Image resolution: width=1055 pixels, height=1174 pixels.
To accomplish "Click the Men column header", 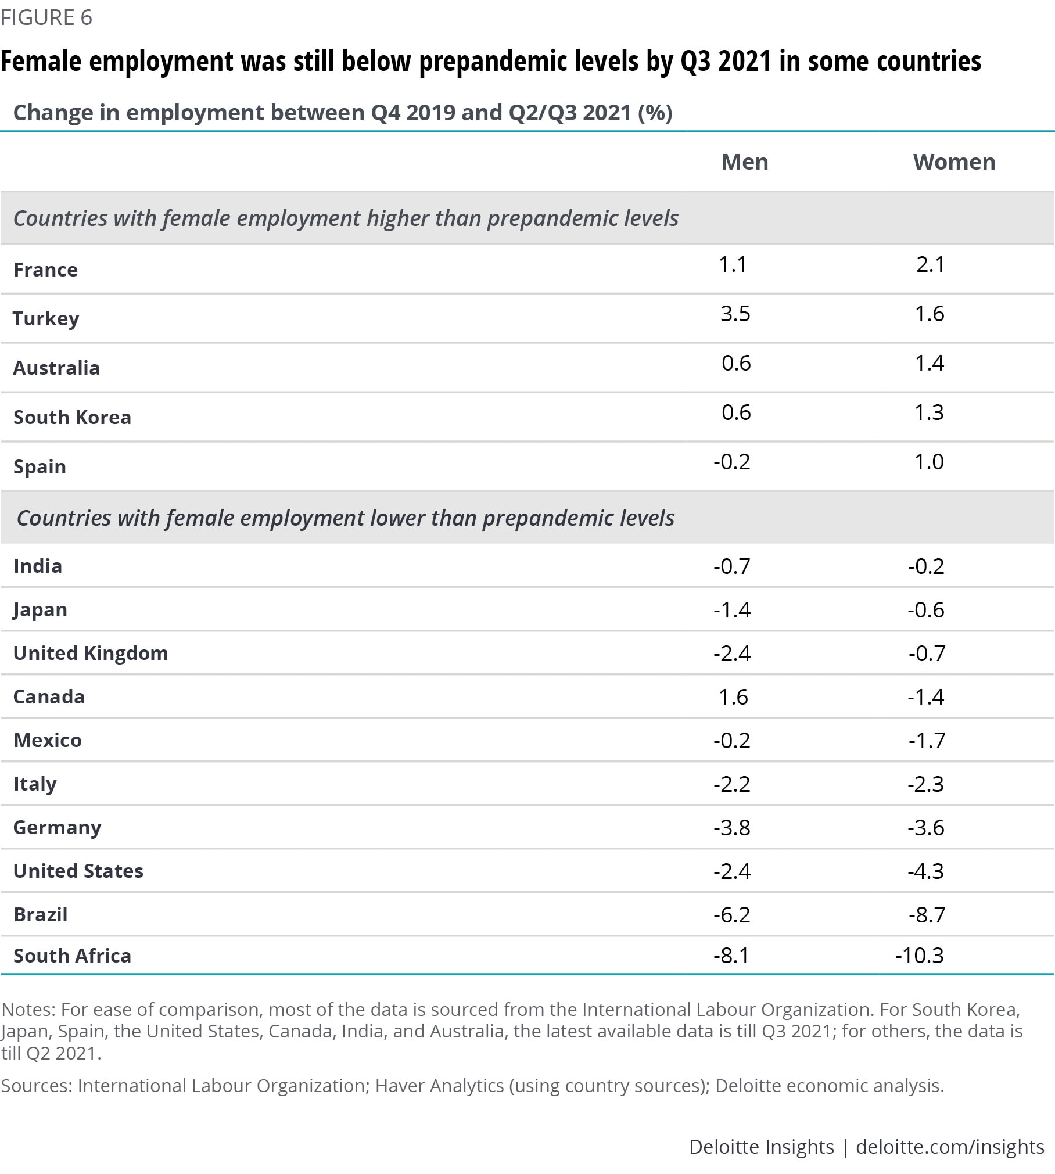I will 744,162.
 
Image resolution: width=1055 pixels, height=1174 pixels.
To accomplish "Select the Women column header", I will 954,162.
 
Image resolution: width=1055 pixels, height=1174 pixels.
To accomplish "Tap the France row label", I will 45,270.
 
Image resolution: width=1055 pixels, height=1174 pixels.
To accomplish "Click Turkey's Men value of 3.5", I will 735,314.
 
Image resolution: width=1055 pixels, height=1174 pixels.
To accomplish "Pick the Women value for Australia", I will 929,363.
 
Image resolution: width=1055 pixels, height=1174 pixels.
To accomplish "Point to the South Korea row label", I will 72,417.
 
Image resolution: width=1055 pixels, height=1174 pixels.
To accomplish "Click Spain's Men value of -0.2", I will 731,462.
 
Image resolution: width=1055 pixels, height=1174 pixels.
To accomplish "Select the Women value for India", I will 926,566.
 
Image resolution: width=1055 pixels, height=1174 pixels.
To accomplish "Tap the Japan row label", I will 40,610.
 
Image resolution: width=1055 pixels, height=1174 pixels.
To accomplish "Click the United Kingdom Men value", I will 732,654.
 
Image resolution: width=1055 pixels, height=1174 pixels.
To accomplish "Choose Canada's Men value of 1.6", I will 733,697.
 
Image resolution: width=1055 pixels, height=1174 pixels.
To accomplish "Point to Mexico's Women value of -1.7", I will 927,741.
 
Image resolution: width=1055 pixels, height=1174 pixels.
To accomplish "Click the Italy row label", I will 35,784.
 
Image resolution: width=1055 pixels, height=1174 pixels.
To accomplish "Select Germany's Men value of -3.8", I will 732,828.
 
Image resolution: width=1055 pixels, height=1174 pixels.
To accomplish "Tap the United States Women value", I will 926,871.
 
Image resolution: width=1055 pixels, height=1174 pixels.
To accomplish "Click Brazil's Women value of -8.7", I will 927,915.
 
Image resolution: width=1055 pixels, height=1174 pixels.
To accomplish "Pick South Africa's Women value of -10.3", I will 920,956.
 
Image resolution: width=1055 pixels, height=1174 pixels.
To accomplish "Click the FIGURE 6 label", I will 46,17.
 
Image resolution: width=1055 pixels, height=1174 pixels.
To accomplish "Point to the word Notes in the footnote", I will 27,1009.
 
